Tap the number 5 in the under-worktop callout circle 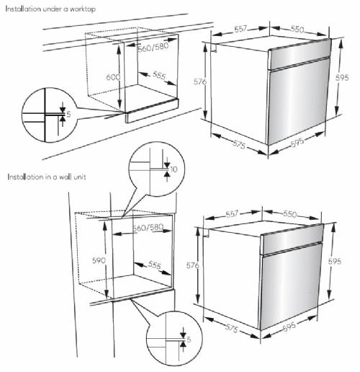tap(68, 114)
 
